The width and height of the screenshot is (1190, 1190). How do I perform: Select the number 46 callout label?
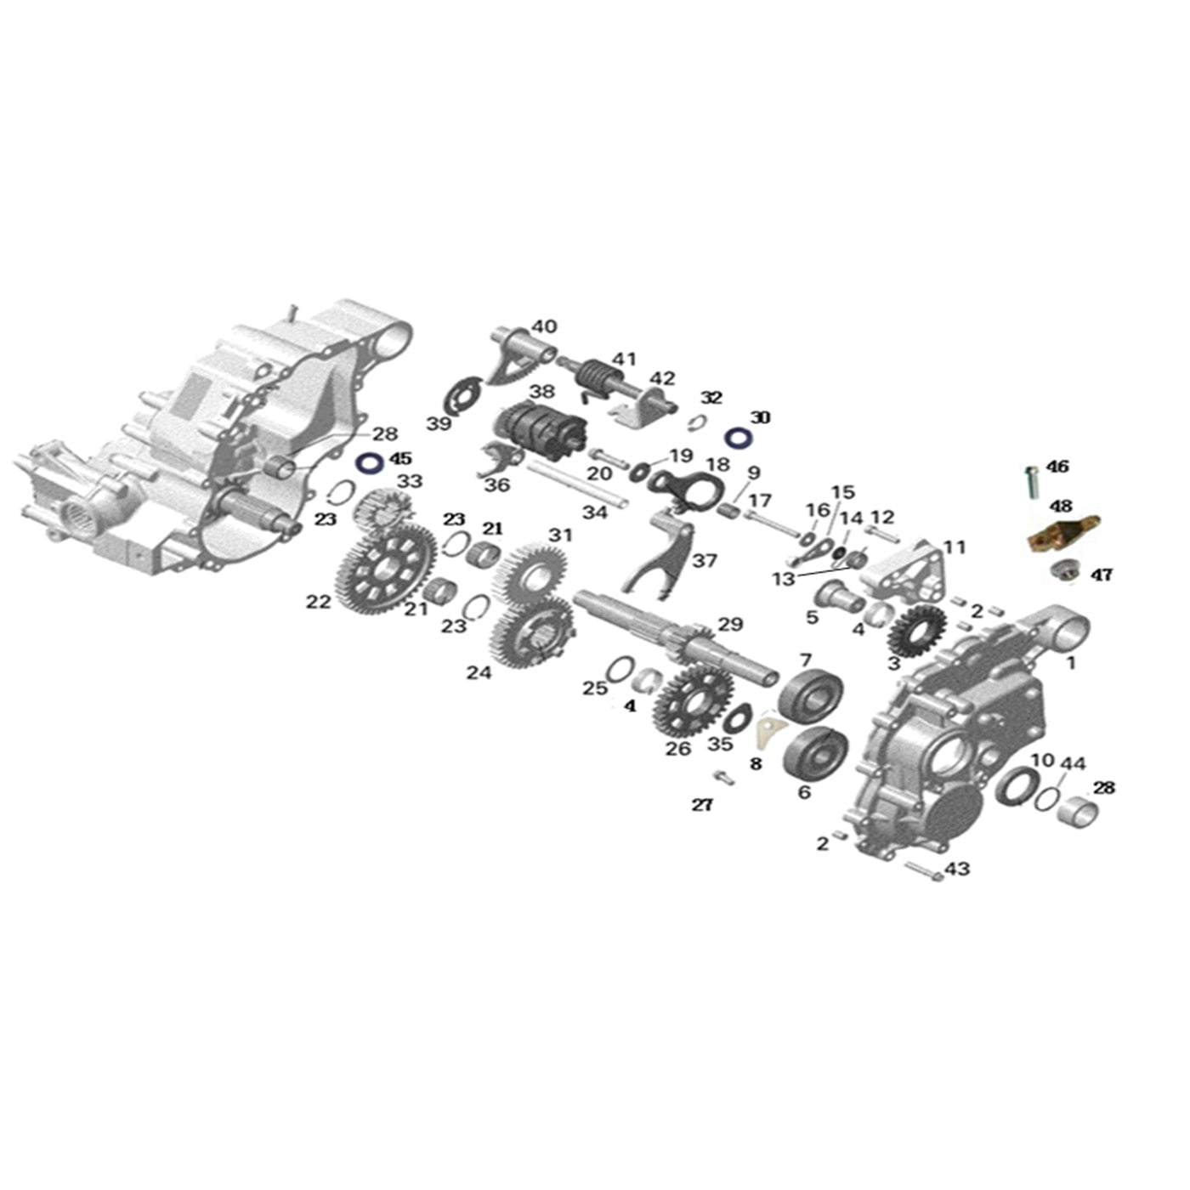pos(1057,467)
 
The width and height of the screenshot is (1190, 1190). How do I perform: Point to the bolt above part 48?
pos(1033,481)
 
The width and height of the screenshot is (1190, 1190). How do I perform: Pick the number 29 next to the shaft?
pos(730,625)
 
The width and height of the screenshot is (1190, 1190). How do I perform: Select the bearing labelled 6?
pos(815,751)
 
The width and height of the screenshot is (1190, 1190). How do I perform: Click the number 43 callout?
pos(957,869)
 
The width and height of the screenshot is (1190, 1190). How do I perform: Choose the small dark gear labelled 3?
pos(916,631)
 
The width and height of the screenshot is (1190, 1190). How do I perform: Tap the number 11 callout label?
pos(955,547)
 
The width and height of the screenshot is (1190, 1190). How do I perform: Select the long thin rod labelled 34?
pos(577,485)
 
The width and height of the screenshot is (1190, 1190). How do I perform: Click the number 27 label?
pos(701,804)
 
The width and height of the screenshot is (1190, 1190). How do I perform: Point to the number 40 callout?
pos(544,326)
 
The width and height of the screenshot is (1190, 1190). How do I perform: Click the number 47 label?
pos(1102,575)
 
